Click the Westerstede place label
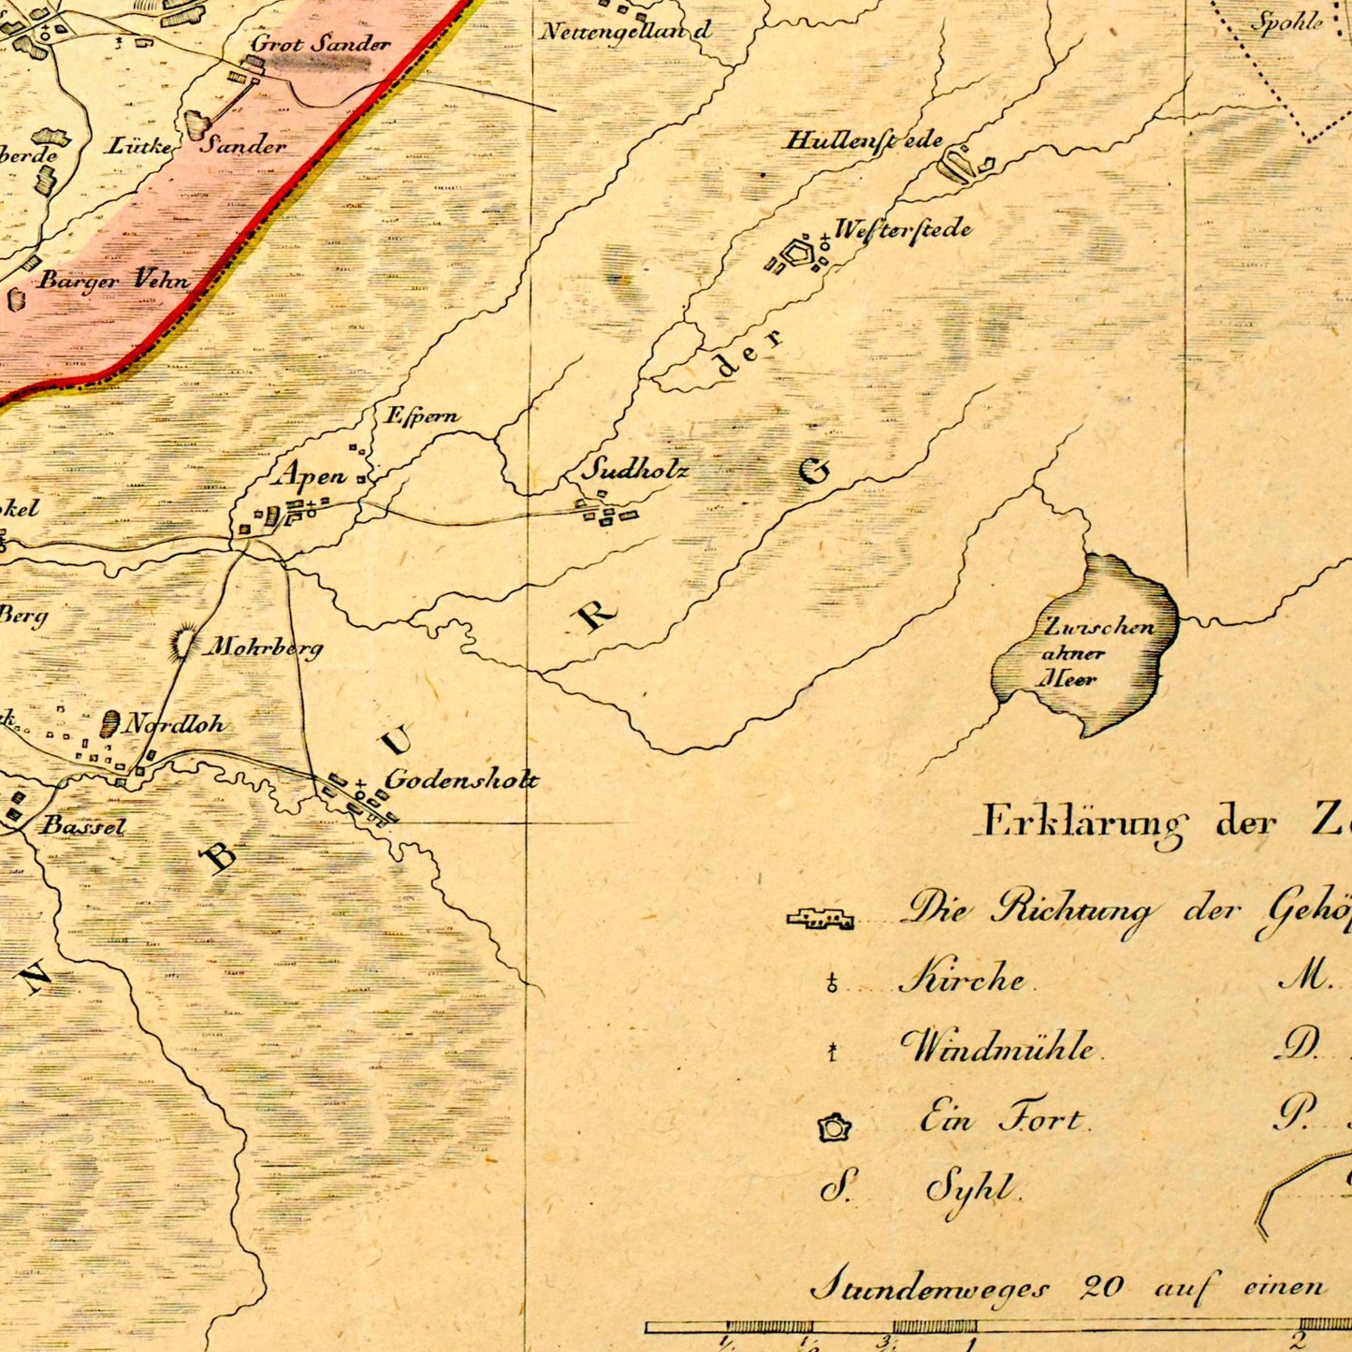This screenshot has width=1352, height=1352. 902,230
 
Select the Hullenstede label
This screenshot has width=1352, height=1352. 865,141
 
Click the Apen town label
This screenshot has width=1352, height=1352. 310,476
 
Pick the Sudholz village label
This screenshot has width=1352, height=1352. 635,470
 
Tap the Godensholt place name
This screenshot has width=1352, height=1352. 461,779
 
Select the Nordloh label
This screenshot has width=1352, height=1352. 175,724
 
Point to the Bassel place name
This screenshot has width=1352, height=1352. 83,826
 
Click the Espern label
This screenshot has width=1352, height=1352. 422,416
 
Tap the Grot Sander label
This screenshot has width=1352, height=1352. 320,44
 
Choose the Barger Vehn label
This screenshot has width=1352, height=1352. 113,280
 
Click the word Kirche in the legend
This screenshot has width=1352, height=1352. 962,979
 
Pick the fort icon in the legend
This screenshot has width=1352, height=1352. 833,1128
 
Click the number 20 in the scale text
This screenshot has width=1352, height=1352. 1101,1287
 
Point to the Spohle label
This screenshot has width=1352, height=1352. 1287,22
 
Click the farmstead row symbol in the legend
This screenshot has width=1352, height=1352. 821,919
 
